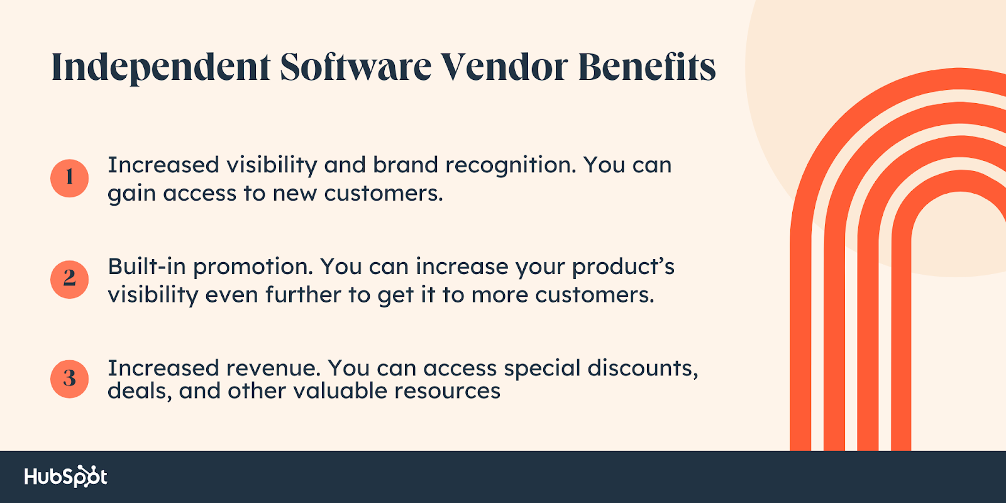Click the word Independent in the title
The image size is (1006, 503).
tap(161, 67)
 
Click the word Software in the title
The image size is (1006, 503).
tap(355, 67)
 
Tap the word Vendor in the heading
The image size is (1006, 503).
tap(504, 67)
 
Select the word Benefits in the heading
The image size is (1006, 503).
tap(647, 67)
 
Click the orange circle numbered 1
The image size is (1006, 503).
tap(69, 178)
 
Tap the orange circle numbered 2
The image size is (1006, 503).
tap(69, 279)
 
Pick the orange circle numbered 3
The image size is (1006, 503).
tap(69, 379)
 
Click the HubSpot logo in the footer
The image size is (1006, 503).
tap(65, 477)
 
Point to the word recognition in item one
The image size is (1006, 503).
tap(511, 165)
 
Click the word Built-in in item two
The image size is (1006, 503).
tap(147, 267)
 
